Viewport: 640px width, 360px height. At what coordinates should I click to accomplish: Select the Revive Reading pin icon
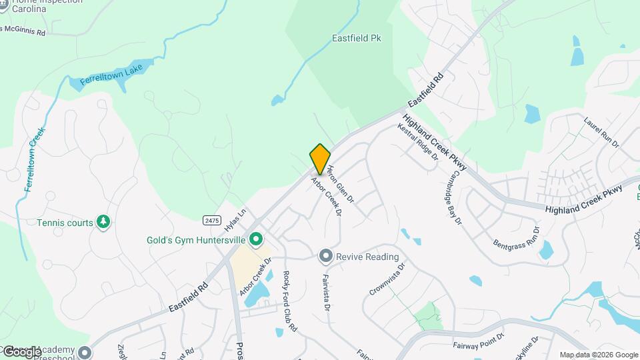click(325, 257)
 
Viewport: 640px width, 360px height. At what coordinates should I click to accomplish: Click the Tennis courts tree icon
click(103, 222)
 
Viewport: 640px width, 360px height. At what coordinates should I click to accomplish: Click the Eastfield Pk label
click(356, 39)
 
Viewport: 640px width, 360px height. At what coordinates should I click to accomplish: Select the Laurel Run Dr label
click(601, 133)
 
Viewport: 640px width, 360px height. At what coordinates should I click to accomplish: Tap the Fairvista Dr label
click(327, 293)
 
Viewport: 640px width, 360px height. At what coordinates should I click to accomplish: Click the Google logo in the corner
click(21, 351)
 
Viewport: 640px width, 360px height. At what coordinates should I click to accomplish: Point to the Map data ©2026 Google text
click(599, 355)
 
